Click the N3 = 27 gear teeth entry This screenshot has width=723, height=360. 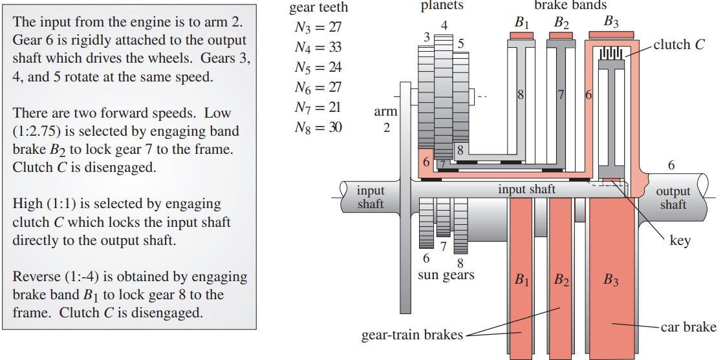tap(318, 27)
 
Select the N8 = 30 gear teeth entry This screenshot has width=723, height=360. tap(318, 127)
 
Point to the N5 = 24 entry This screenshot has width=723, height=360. tap(318, 67)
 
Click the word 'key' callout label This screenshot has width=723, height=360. tap(680, 240)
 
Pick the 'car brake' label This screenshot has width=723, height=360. tap(689, 326)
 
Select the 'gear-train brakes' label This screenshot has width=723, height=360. tap(413, 335)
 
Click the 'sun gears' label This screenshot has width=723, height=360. tap(446, 275)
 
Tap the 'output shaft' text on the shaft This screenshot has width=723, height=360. tap(673, 197)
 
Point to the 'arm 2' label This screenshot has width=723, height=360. tap(386, 120)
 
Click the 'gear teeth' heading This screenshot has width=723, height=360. tap(318, 8)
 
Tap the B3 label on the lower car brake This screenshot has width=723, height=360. tap(611, 280)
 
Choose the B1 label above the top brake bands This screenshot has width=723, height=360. tap(522, 22)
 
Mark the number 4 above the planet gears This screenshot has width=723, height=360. tap(444, 26)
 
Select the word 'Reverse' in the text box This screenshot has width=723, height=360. tap(36, 277)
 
